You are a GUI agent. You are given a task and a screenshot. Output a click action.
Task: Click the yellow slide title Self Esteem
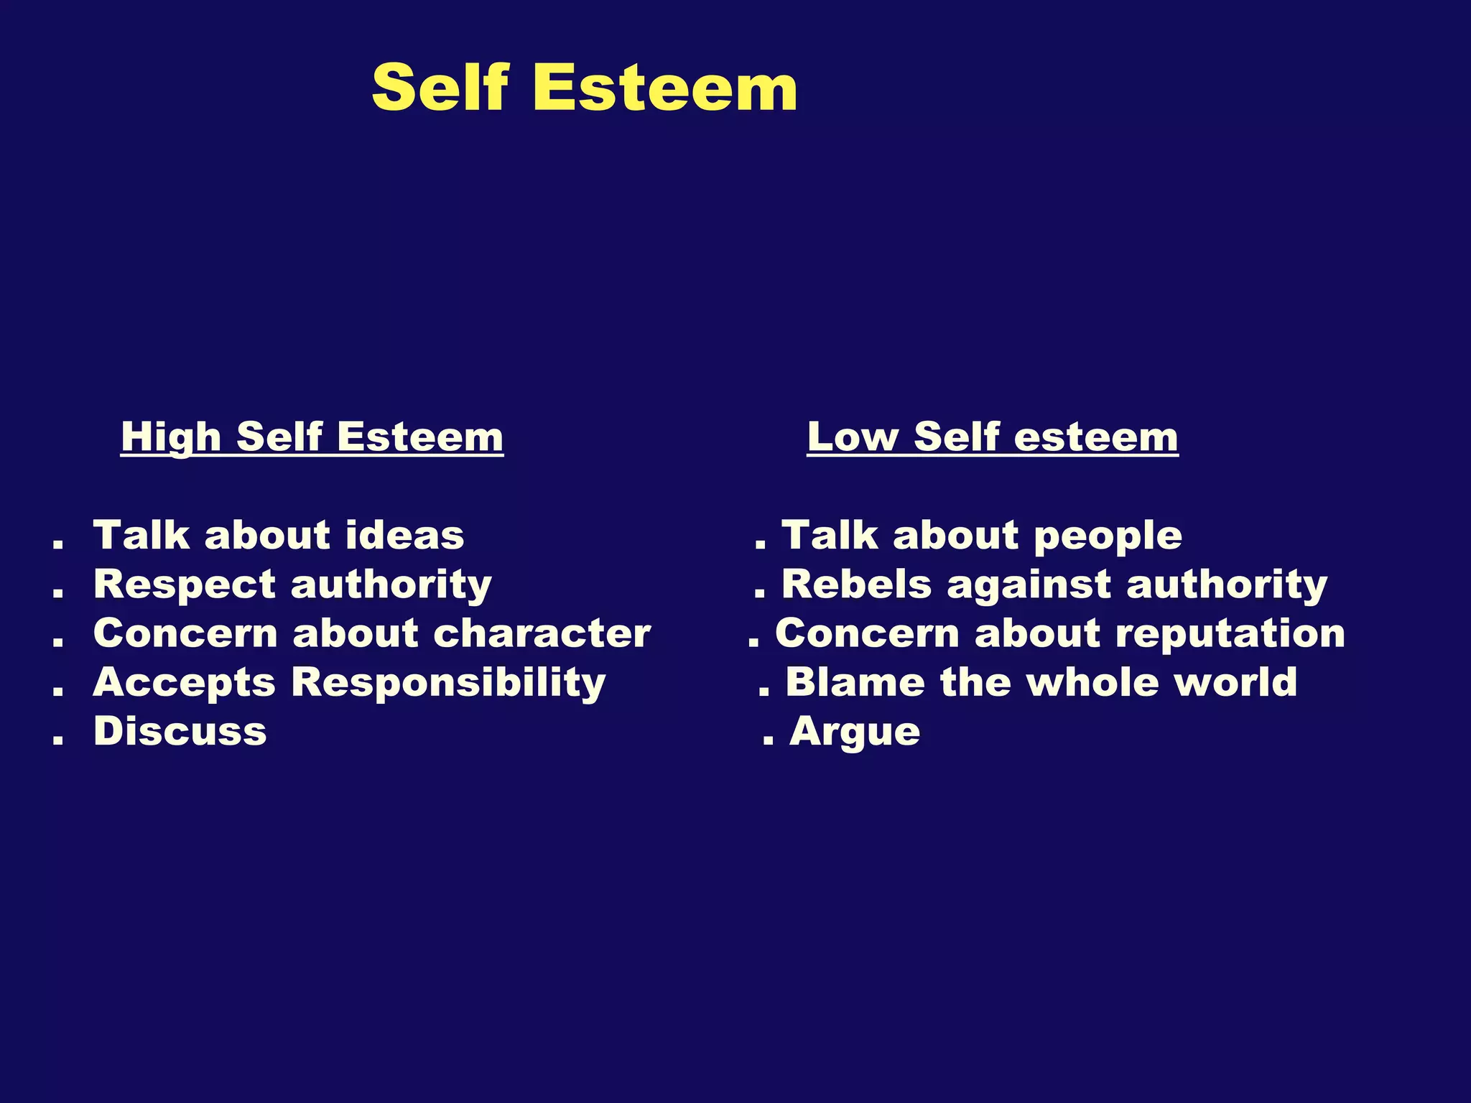[x=584, y=88]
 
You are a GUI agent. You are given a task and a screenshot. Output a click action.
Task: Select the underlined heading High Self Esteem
[x=312, y=437]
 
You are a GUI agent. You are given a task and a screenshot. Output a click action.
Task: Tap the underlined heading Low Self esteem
[x=992, y=437]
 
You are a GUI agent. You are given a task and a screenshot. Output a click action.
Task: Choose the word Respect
[x=184, y=585]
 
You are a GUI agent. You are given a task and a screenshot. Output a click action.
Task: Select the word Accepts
[x=184, y=683]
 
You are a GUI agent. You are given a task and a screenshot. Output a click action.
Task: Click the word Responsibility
[x=448, y=683]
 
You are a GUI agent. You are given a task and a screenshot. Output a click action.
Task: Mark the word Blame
[x=855, y=682]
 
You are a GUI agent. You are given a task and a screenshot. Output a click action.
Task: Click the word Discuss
[x=180, y=732]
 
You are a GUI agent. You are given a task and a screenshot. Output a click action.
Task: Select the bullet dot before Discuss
[x=58, y=741]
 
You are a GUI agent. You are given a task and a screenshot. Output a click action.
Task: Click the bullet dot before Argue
[x=768, y=741]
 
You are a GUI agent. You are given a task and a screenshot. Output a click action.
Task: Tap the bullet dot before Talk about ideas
[x=58, y=546]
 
